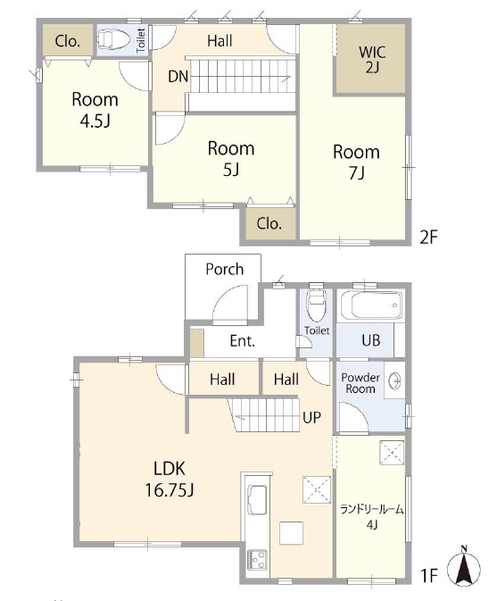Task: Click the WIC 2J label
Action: tap(372, 60)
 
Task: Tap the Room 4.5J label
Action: tap(95, 110)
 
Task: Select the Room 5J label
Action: tap(231, 159)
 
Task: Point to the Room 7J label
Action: tap(356, 163)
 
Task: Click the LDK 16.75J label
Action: tap(170, 480)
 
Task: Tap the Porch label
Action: tap(224, 269)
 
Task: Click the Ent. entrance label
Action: tap(242, 341)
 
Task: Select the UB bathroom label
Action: tap(370, 340)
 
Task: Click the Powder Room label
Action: tap(361, 383)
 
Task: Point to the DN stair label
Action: tap(178, 77)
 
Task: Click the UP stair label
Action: tap(311, 417)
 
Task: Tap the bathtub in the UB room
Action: tap(371, 305)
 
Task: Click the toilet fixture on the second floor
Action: tap(112, 39)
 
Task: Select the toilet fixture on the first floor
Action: tap(316, 305)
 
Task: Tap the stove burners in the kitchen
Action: tap(257, 560)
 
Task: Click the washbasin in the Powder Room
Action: tap(394, 380)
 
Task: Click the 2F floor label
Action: tap(428, 237)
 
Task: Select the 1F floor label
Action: tap(429, 575)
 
